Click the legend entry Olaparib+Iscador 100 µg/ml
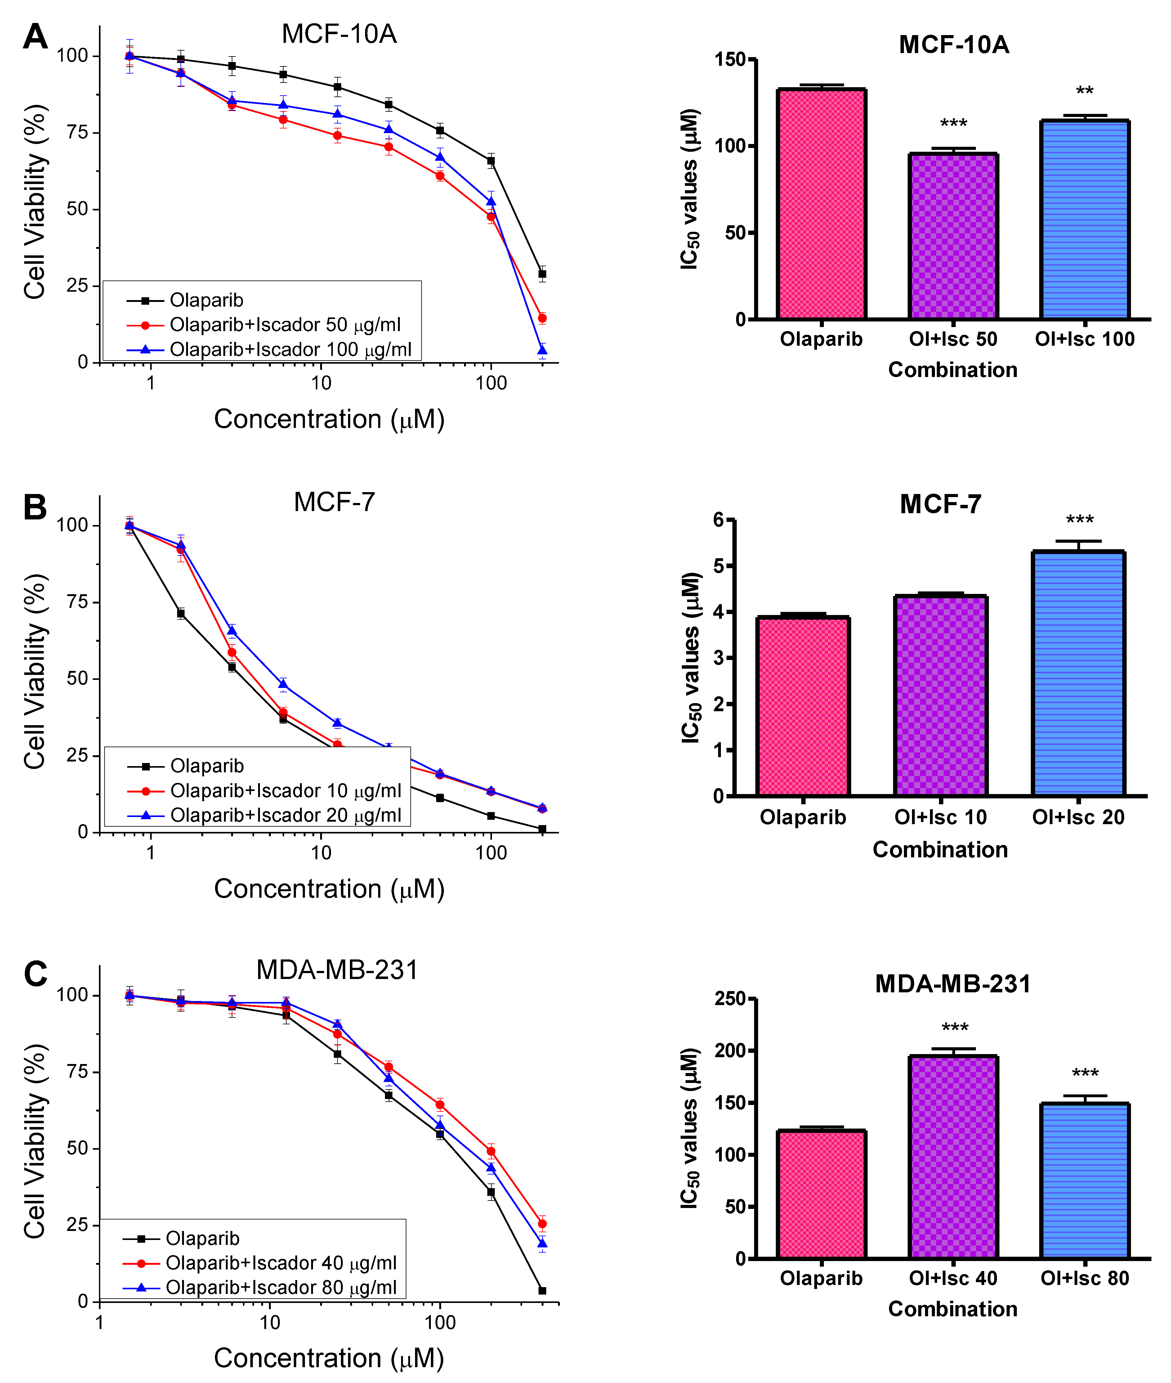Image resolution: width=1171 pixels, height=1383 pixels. click(x=290, y=349)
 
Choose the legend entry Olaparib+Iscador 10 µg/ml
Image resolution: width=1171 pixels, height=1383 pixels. click(x=285, y=791)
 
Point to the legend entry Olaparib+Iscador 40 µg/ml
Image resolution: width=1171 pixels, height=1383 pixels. click(x=281, y=1263)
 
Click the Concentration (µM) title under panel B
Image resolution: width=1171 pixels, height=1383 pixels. click(x=329, y=889)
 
